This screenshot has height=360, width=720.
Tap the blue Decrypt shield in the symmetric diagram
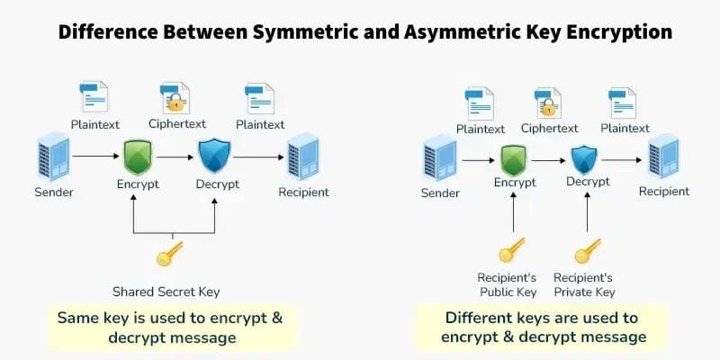pos(214,156)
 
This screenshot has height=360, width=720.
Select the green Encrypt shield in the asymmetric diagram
pos(514,160)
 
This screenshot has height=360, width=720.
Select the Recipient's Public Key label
pos(508,284)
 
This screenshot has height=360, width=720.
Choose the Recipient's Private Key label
pos(584,284)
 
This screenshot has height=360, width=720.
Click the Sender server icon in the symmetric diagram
pos(53,157)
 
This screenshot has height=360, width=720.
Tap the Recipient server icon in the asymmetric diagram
pos(663,157)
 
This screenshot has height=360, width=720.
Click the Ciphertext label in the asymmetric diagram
pos(549,129)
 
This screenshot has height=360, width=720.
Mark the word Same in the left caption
pos(78,318)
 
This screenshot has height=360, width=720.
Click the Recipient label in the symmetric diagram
pos(303,192)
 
